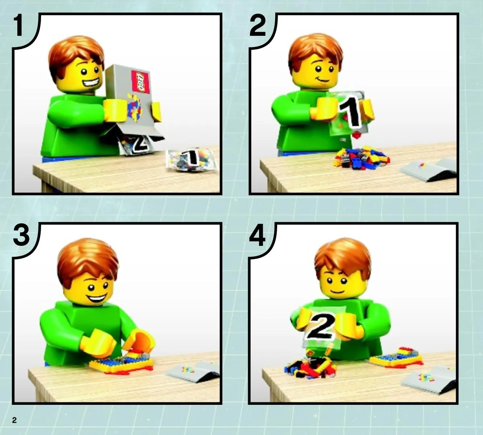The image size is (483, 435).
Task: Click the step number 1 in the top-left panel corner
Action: [19, 25]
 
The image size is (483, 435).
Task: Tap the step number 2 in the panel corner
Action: [257, 25]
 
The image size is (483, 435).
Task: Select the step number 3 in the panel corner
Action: [21, 235]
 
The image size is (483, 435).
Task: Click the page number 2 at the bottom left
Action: [14, 420]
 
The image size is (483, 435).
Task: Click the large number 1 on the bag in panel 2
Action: [350, 112]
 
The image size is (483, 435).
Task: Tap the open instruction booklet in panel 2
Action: [429, 169]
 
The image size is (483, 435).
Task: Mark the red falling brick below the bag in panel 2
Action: [357, 135]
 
